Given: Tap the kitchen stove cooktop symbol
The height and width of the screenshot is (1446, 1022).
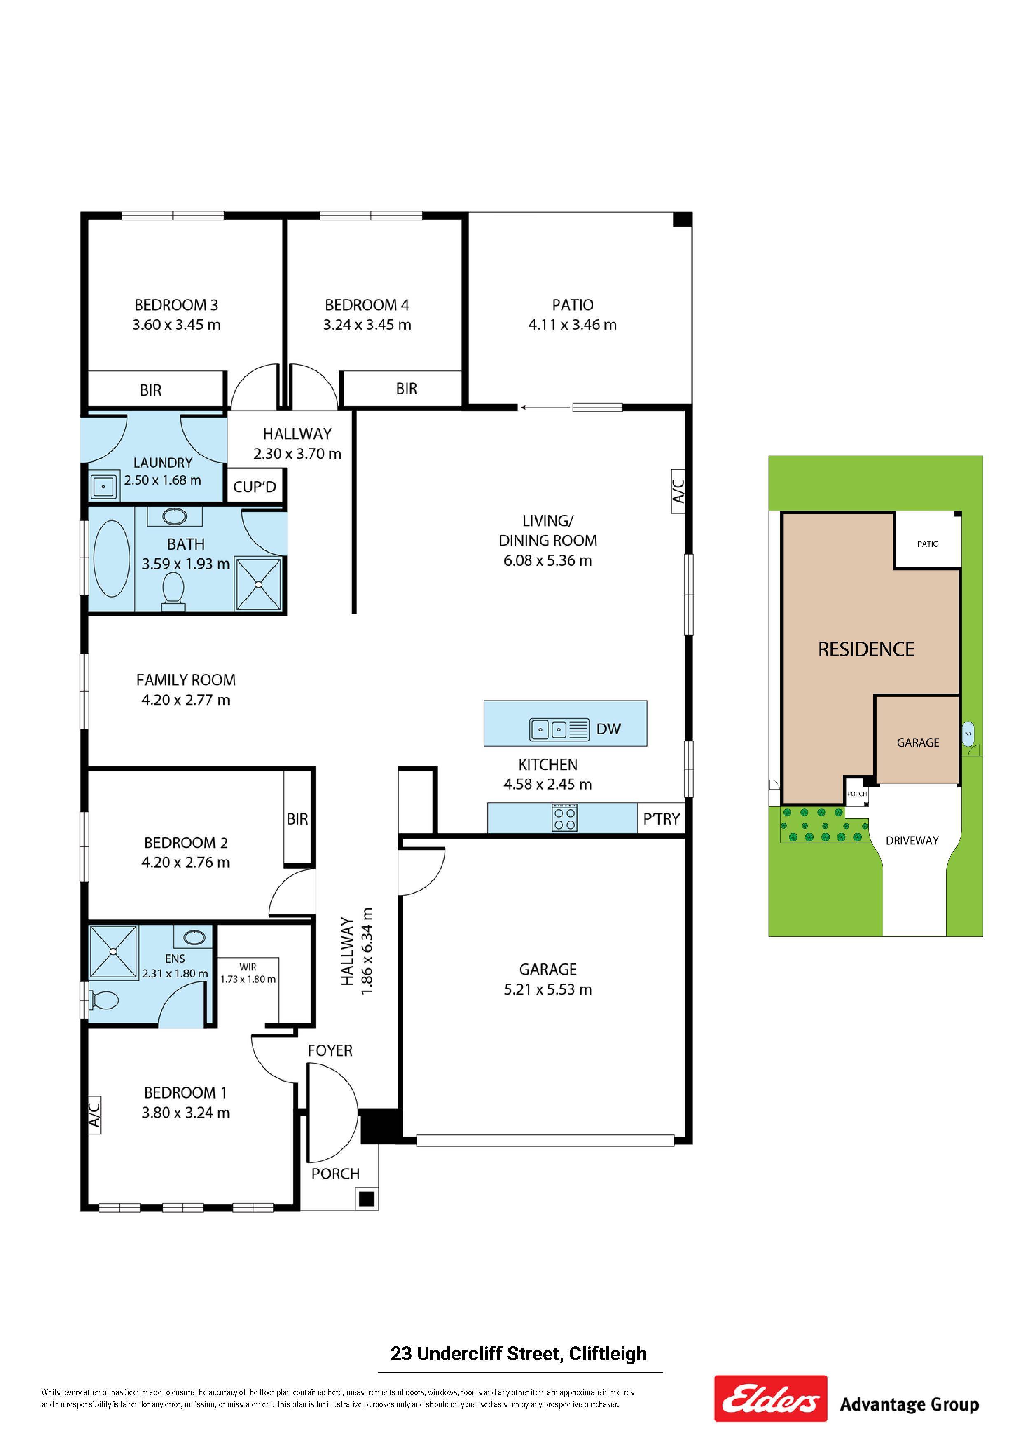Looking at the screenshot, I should tap(564, 818).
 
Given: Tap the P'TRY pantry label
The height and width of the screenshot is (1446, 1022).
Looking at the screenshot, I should tap(661, 819).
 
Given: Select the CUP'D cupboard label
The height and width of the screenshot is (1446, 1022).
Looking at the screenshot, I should tap(255, 487).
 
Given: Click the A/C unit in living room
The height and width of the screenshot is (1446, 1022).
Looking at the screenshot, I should tap(678, 491).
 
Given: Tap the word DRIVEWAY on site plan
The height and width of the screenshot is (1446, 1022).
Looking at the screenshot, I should tap(912, 840).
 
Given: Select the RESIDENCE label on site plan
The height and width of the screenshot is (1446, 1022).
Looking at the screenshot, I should tap(866, 649).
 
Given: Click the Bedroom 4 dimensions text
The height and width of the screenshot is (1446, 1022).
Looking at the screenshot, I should tap(367, 325).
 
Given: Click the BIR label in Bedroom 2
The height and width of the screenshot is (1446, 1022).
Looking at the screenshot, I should tap(297, 819).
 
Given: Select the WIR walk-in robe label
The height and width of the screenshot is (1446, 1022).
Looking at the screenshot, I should tap(248, 967).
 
